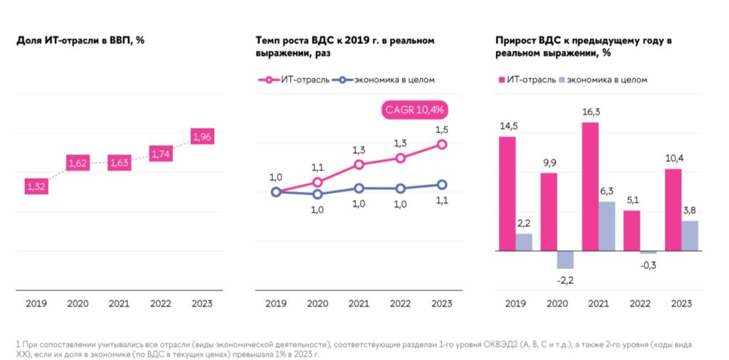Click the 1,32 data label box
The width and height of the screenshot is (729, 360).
[x=36, y=186]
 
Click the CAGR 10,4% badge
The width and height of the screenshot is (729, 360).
[x=414, y=110]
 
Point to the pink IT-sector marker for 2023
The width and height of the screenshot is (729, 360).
[x=441, y=144]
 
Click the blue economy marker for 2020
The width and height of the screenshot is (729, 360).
[x=318, y=194]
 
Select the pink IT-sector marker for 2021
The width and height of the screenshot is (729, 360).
[x=359, y=164]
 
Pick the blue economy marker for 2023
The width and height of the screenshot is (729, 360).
[x=441, y=185]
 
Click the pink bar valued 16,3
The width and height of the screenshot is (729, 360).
[x=589, y=186]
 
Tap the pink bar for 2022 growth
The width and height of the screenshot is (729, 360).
[x=631, y=231]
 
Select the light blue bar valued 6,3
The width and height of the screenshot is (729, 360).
[x=607, y=226]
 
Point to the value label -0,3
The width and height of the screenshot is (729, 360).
[x=649, y=264]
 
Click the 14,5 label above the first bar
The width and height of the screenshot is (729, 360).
[x=508, y=126]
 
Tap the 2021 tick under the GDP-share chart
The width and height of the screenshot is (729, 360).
[x=119, y=304]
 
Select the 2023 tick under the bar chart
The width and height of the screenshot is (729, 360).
[x=681, y=304]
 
